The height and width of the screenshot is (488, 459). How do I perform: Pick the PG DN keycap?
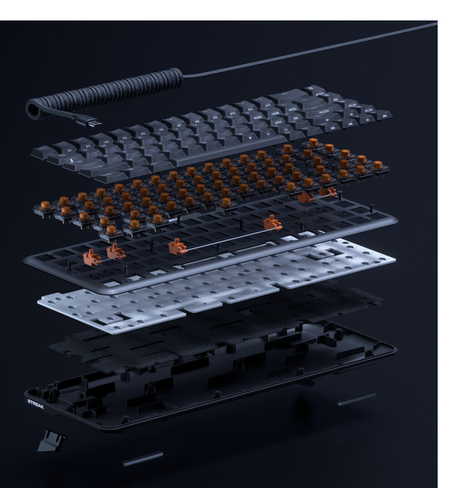coord(368,111)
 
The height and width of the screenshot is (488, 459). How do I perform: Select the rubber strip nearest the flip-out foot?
coord(142,458)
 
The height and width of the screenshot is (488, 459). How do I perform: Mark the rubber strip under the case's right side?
coord(356,399)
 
